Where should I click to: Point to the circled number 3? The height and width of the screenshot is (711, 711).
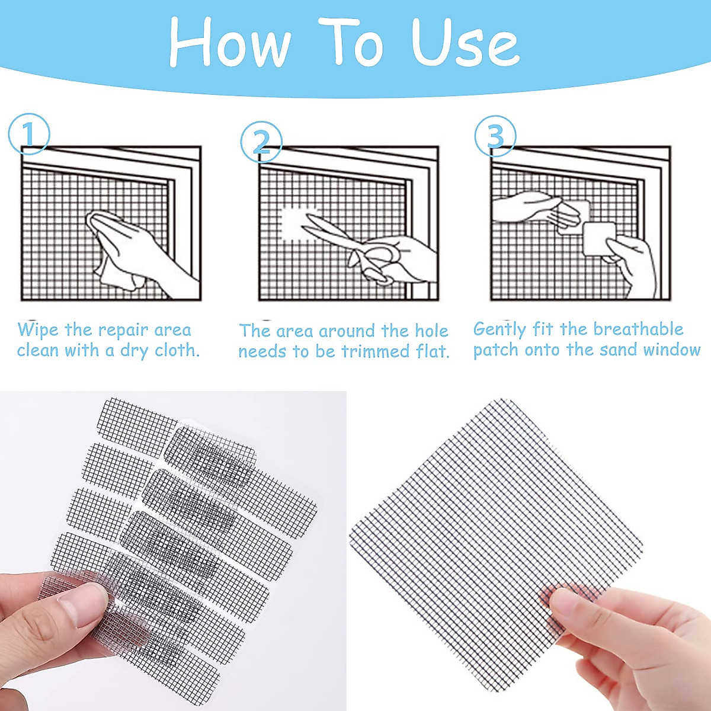[495, 136]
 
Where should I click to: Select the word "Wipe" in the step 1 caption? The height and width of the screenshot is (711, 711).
[39, 329]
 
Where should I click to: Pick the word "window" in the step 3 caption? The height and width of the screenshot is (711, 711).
[672, 350]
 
